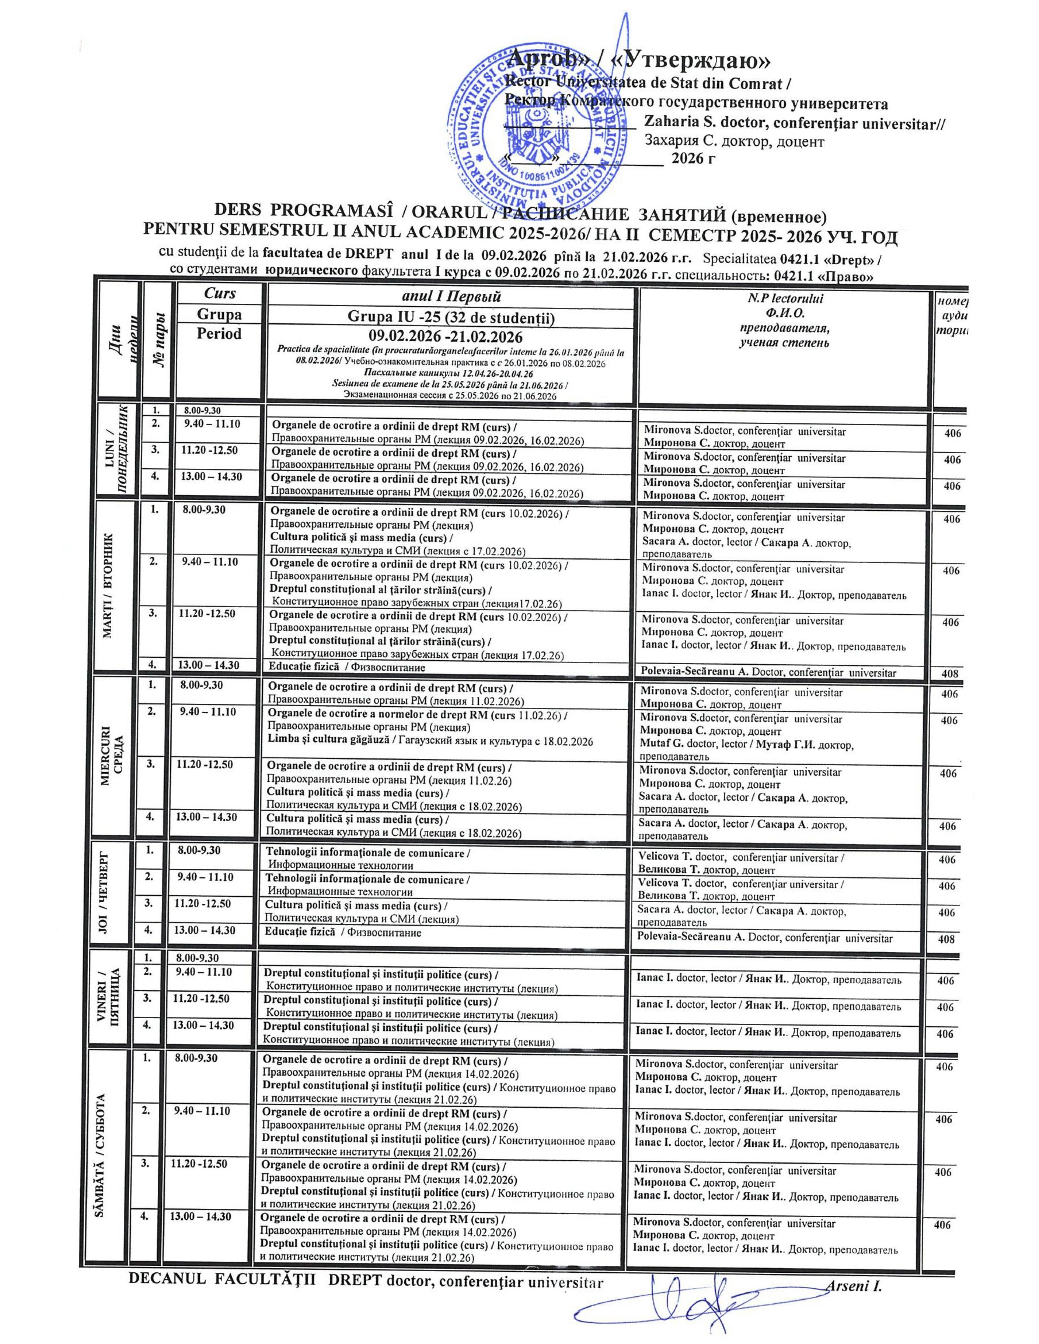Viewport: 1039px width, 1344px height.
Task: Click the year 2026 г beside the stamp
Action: click(x=694, y=160)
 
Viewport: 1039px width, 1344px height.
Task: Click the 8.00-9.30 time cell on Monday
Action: click(x=203, y=409)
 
